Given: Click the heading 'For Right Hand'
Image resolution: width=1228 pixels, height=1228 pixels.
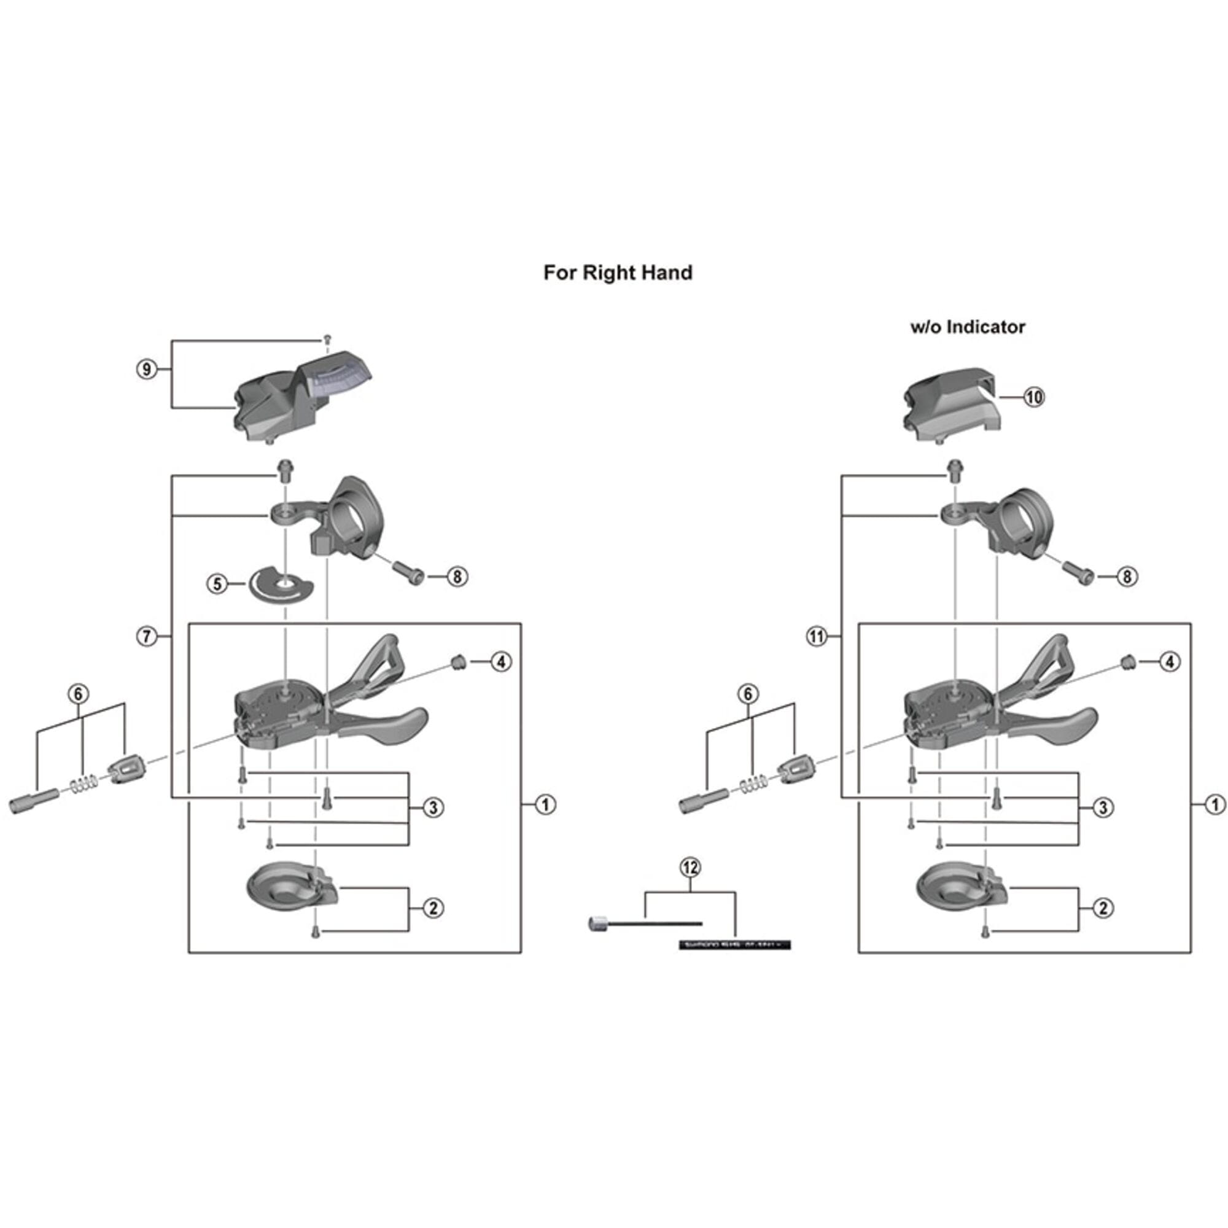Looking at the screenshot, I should click(x=617, y=273).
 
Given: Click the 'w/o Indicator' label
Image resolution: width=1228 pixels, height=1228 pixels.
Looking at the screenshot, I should click(x=968, y=327).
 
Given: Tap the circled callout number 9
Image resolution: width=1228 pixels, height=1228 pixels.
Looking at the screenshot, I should click(x=147, y=368).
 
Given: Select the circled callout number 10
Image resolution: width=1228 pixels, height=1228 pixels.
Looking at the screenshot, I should click(x=1033, y=397).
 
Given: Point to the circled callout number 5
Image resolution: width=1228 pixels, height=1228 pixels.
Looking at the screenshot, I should click(x=217, y=583).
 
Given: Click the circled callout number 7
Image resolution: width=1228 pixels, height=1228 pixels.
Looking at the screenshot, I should click(x=147, y=635).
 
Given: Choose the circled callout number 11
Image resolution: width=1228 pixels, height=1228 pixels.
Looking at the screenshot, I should click(x=817, y=635).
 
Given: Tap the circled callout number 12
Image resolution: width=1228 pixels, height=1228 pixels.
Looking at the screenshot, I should click(x=690, y=867).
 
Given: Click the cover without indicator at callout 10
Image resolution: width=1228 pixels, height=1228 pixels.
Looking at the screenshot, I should click(x=954, y=407).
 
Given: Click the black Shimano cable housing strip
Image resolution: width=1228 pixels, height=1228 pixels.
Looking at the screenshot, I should click(x=735, y=945).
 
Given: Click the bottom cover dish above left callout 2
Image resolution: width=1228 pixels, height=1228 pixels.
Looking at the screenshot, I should click(x=289, y=888).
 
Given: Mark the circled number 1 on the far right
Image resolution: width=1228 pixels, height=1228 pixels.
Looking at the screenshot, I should click(x=1214, y=805).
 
